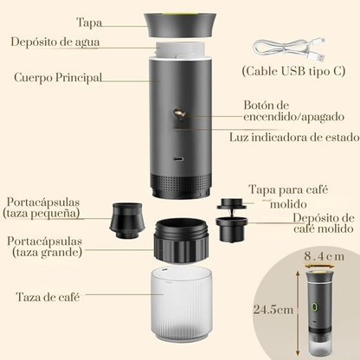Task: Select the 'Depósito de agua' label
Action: click(52, 42)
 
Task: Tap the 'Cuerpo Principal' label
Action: click(57, 78)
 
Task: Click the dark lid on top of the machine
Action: click(181, 23)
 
